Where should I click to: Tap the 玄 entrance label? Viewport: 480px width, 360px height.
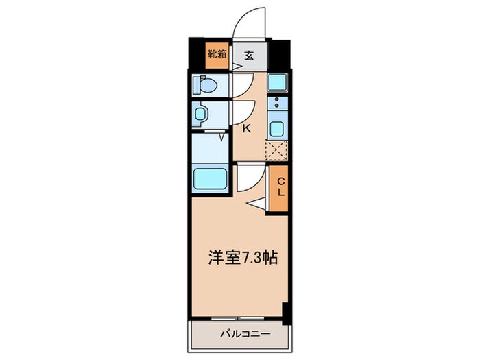coord(249,55)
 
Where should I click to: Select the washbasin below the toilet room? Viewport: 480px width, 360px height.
coord(202,114)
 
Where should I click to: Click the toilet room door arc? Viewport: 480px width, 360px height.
coord(241,86)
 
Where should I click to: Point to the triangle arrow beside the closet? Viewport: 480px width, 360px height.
coord(256,204)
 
